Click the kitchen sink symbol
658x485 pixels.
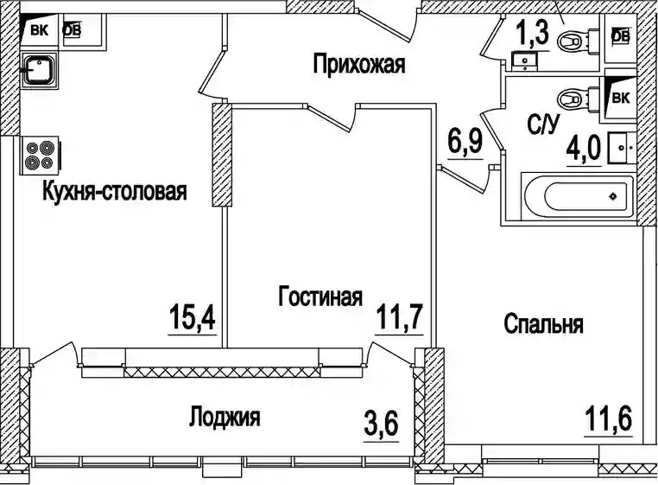39,70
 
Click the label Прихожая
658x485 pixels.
359,64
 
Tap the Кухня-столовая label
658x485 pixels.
115,191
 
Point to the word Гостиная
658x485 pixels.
320,297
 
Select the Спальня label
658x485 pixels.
543,324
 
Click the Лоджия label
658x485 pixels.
225,417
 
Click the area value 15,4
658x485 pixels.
193,317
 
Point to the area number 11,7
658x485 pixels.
399,317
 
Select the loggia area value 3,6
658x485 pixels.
382,424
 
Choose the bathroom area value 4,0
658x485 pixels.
584,150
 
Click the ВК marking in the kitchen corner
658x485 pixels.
39,30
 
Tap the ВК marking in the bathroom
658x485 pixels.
621,98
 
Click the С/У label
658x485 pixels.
544,124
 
